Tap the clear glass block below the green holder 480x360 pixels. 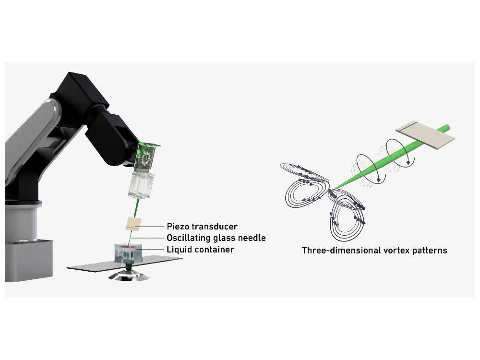[141, 185]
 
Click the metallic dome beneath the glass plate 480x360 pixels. [129, 275]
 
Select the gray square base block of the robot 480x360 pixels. [29, 261]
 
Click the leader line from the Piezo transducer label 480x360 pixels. [152, 227]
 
